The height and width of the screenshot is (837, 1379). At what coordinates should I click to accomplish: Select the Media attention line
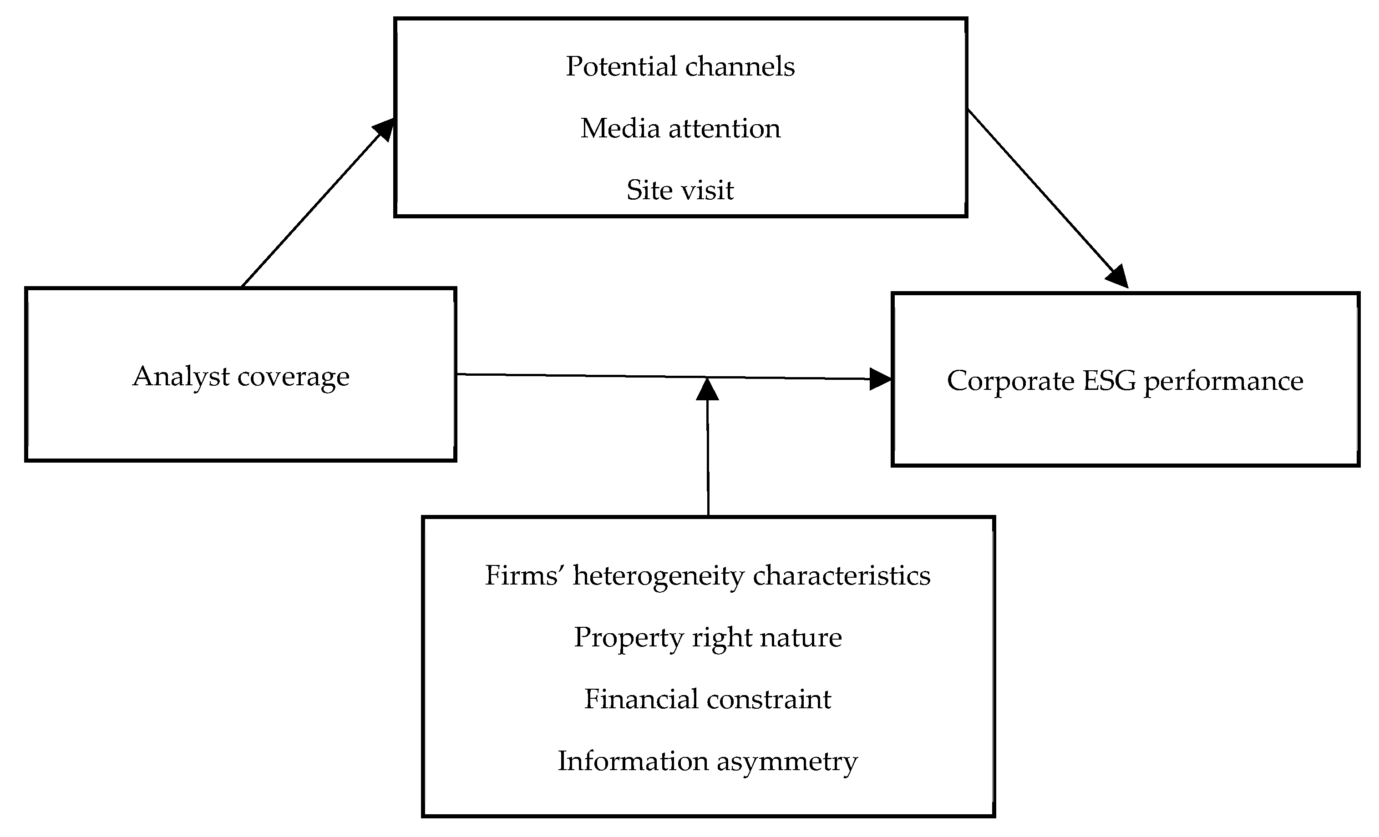680,129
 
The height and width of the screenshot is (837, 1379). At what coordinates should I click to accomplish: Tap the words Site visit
680,190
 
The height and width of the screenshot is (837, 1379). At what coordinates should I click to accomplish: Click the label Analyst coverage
241,377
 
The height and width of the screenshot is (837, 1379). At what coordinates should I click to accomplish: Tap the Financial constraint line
707,699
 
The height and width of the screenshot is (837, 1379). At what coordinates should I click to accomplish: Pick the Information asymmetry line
707,761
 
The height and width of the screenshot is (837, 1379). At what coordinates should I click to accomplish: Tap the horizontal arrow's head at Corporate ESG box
880,379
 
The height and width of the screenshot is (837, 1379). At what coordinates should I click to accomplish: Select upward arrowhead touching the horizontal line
707,389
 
